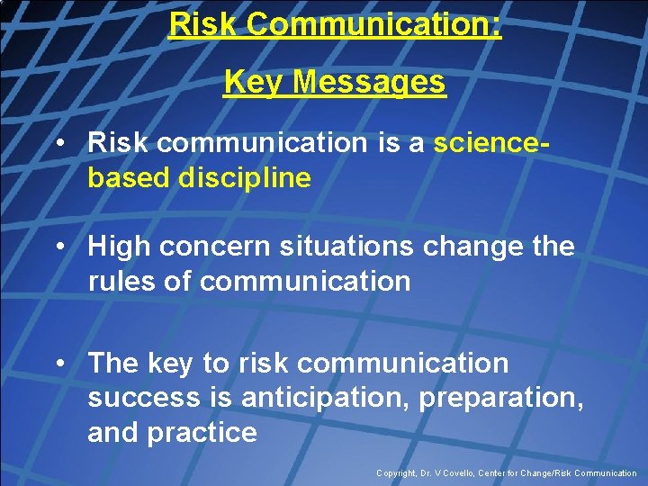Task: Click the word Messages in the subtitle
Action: click(x=369, y=83)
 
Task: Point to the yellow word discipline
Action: click(x=244, y=178)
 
